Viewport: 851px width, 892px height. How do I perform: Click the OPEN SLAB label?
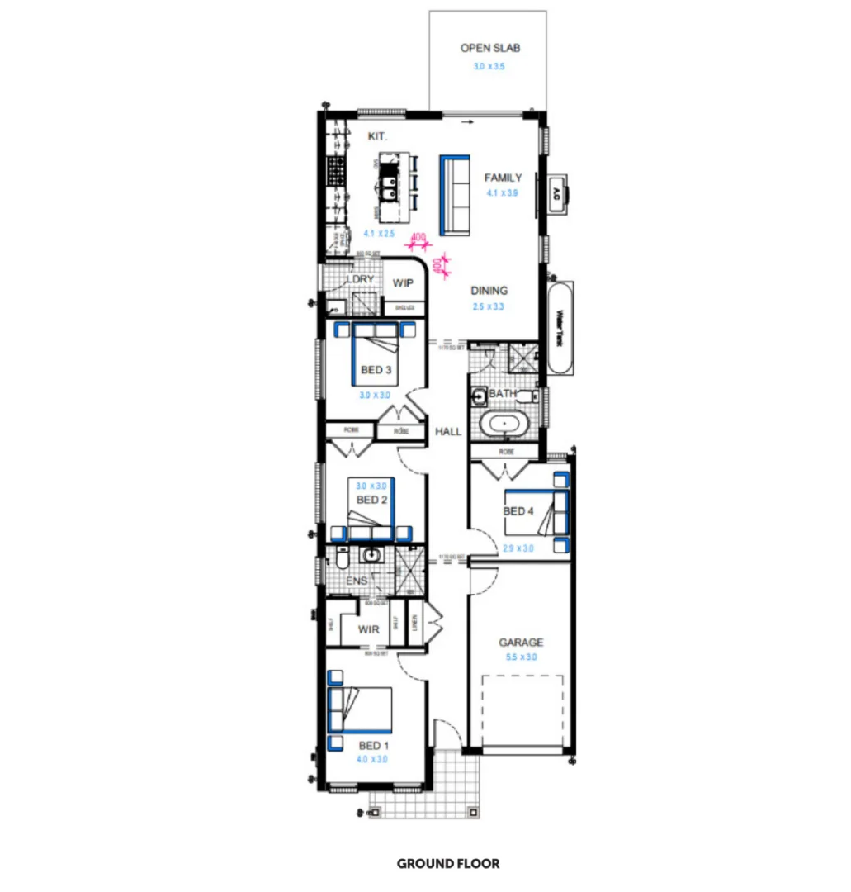(490, 49)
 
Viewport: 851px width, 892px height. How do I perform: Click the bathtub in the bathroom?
(503, 426)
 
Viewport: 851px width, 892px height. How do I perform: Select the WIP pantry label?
(403, 283)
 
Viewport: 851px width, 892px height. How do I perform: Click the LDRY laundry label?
(361, 279)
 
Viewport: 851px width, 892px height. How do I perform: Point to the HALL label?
(447, 431)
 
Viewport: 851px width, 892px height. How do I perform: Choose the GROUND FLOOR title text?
(448, 864)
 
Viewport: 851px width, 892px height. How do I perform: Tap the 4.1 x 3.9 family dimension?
(502, 193)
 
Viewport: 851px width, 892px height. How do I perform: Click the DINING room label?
(489, 291)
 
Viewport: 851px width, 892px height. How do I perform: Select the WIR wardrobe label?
(369, 630)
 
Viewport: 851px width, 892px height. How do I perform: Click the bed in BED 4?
(551, 512)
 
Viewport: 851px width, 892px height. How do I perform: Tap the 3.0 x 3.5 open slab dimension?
(490, 65)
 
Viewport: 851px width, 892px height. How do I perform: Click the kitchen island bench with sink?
(393, 187)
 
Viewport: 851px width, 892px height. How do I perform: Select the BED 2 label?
(371, 500)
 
